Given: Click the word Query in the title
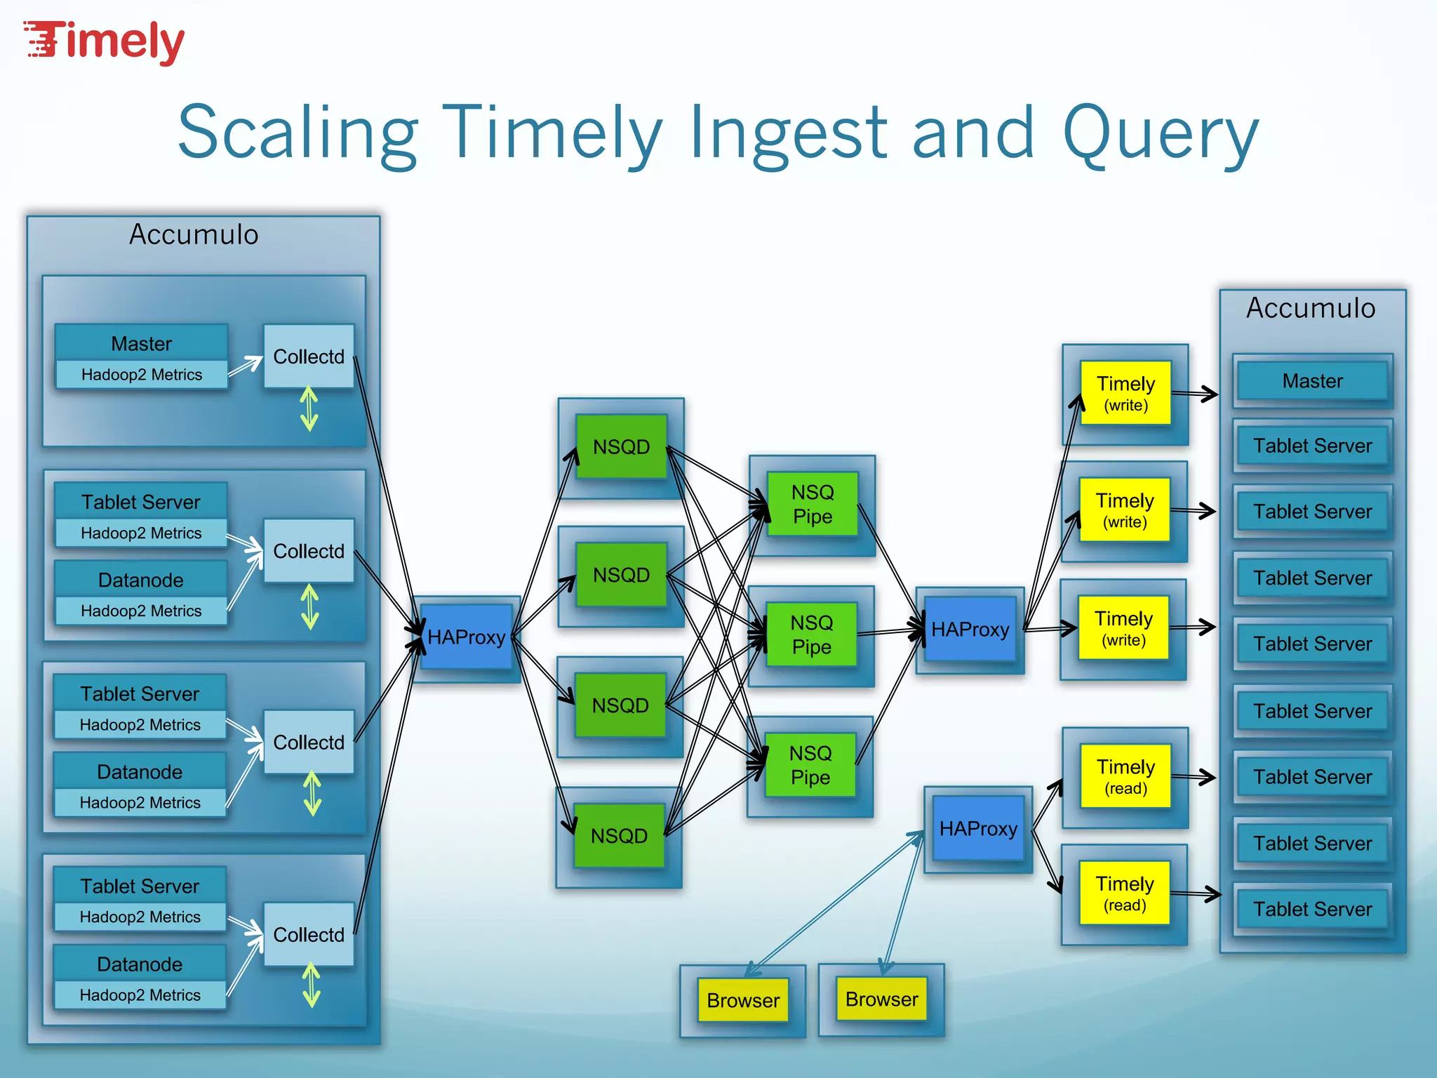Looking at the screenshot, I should pos(1161,133).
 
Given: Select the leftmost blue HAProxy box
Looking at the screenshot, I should pos(467,637).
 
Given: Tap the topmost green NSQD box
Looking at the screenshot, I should pos(621,446).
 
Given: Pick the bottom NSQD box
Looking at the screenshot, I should pos(619,835).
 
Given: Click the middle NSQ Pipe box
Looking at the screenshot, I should pos(811,634).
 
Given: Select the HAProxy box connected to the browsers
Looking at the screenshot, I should pos(978,828).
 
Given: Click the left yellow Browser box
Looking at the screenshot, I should pos(743,1000).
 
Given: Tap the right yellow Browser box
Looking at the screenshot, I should pos(881,999).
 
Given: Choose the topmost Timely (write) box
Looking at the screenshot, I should pos(1125,393).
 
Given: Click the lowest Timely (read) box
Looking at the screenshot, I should pos(1125,893).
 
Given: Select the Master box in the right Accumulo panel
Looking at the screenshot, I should pos(1312,381).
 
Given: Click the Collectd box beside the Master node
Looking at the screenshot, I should pos(309,356).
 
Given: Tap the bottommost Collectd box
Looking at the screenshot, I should pos(309,934).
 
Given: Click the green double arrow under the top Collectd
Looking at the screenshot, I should pos(309,409).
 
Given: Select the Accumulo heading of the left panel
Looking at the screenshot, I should pos(194,234).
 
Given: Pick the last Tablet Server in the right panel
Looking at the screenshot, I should pos(1312,909).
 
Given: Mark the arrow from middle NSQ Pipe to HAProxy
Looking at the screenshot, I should pos(887,632).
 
